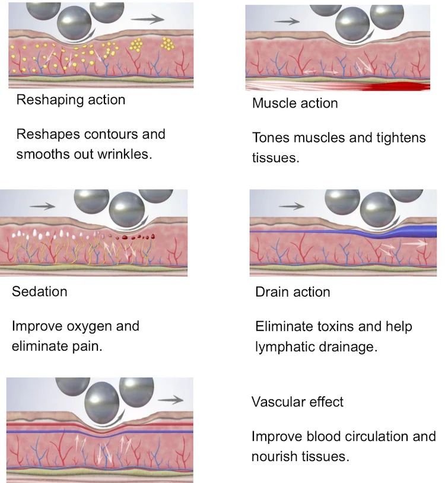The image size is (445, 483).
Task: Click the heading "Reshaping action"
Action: pos(71,100)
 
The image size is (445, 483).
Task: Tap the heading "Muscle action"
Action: pos(295,103)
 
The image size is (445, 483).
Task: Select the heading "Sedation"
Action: pos(39,291)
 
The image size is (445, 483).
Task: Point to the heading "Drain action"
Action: pos(293,292)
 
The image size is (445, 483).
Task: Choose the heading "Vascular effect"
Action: pos(297,402)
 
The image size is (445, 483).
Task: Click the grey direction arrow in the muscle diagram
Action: pos(287,21)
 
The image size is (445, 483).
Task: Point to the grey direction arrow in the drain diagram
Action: pos(292,206)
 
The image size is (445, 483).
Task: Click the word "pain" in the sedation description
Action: pos(88,347)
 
